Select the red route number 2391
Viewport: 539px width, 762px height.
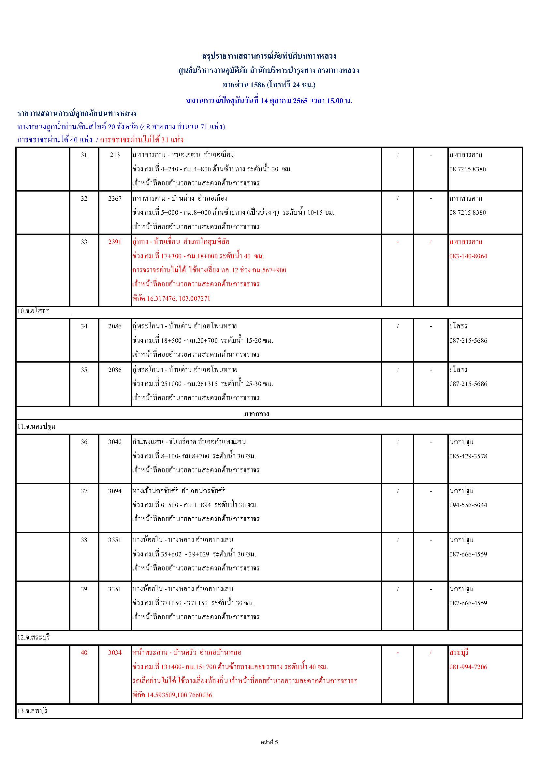pos(115,242)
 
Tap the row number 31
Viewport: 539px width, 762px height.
pos(84,155)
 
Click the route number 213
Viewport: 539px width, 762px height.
pos(115,155)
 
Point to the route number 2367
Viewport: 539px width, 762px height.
pos(115,198)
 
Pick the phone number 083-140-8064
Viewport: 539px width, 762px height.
pos(468,256)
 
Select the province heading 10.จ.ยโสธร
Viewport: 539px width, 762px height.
pos(33,311)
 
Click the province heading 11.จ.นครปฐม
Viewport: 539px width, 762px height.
pos(36,427)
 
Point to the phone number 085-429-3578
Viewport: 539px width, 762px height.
pos(468,456)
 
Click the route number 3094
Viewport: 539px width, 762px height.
pos(115,491)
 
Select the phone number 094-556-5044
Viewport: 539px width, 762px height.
pos(468,505)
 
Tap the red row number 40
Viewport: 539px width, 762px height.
pos(84,653)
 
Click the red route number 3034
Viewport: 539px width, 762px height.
pos(115,653)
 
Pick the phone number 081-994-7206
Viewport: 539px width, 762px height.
pos(468,667)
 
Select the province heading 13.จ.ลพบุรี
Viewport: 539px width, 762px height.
pos(33,711)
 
